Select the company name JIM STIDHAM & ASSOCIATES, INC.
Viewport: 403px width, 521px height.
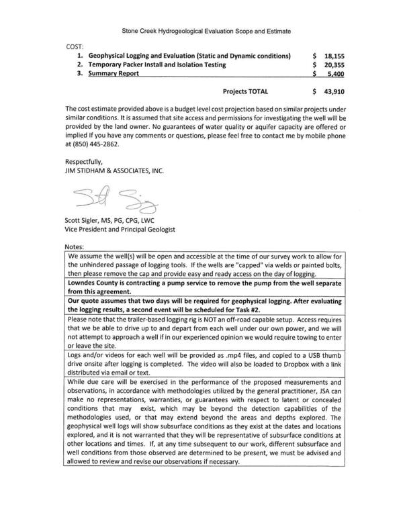click(114, 171)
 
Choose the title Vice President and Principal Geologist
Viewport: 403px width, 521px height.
click(120, 230)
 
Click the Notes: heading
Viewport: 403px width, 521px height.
click(75, 248)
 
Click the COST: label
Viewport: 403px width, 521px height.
click(75, 45)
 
